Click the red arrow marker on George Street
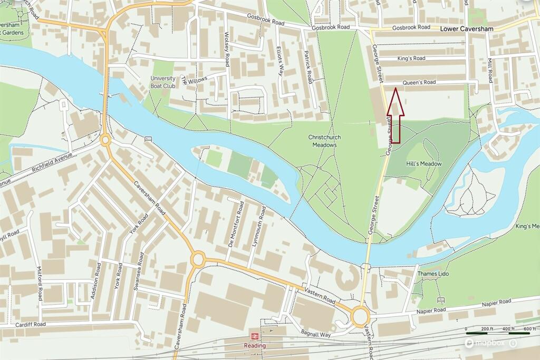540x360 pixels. pos(396,115)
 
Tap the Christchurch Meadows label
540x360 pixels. pos(324,141)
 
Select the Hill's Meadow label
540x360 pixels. pos(423,164)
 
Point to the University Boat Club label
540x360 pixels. pos(162,82)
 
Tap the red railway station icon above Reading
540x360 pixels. pos(254,336)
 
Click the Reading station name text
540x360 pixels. pos(255,346)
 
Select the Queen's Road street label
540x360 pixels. pos(419,83)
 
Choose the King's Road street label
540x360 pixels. pos(411,58)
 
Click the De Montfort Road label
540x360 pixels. pos(235,223)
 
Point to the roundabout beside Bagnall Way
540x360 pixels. pos(361,317)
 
